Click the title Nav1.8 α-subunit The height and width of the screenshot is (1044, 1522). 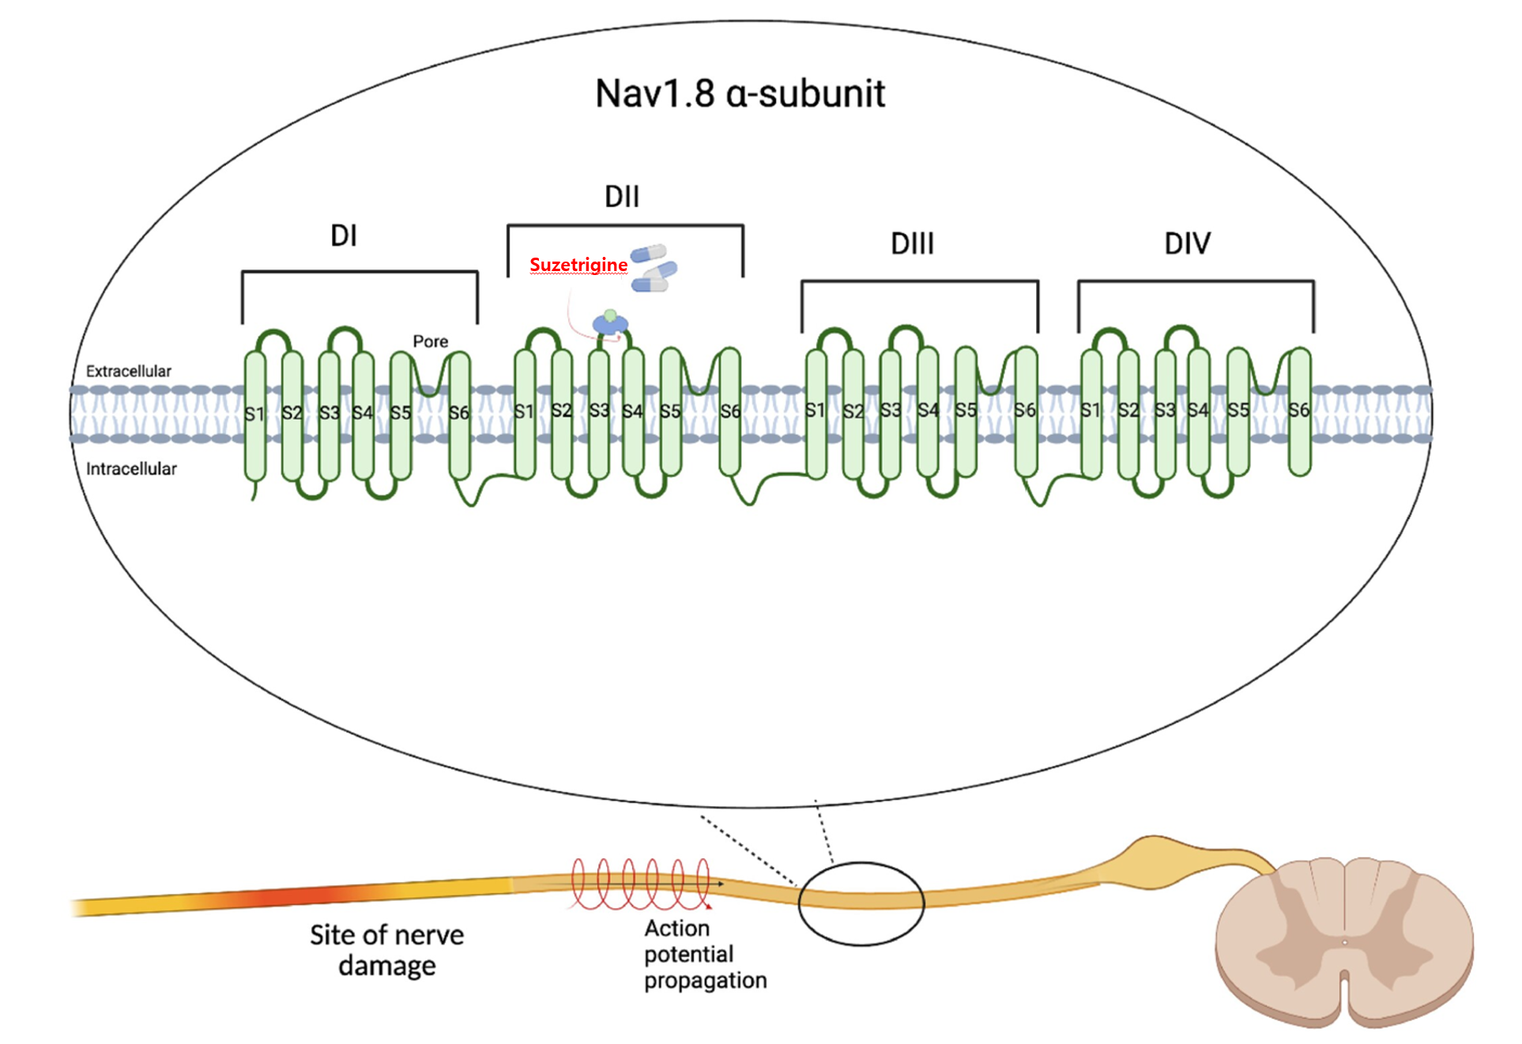click(x=740, y=94)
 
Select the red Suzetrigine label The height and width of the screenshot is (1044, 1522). click(x=578, y=265)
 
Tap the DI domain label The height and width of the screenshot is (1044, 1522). click(x=344, y=236)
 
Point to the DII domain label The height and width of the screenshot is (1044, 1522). click(x=622, y=197)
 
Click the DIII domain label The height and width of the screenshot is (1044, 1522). click(x=912, y=243)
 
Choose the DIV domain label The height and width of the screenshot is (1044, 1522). click(x=1187, y=243)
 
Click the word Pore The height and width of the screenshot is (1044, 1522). click(x=430, y=341)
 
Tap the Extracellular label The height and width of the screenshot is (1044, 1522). click(x=128, y=371)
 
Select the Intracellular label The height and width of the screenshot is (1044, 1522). click(x=131, y=469)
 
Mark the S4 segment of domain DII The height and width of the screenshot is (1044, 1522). click(x=632, y=412)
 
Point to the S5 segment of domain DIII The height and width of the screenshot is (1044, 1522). click(x=966, y=411)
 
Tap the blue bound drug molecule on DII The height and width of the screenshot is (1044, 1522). click(x=610, y=322)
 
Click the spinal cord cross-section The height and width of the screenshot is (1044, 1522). click(x=1343, y=940)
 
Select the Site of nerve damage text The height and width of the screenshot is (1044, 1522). click(x=386, y=950)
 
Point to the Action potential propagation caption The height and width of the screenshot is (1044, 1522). click(x=703, y=954)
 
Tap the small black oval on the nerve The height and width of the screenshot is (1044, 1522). click(x=861, y=903)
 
